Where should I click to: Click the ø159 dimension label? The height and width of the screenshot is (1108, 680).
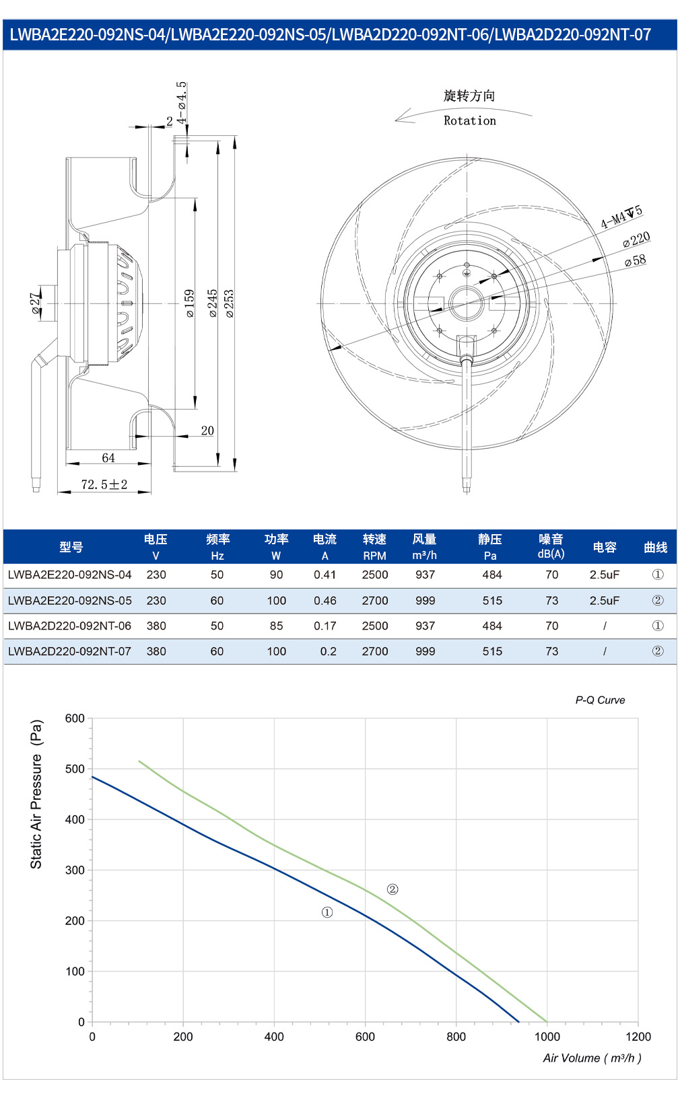coord(190,303)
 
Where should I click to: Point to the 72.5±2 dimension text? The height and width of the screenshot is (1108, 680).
coord(104,484)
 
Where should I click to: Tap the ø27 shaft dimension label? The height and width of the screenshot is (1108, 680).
coord(35,303)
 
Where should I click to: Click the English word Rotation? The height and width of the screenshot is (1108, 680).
coord(470,120)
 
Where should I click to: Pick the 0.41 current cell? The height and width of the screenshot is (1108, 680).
coord(325,575)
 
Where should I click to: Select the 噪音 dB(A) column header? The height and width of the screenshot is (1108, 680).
coord(551,546)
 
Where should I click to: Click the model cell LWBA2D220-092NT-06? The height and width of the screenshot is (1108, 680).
coord(70,626)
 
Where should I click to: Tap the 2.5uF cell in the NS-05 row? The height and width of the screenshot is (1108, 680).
coord(605,601)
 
